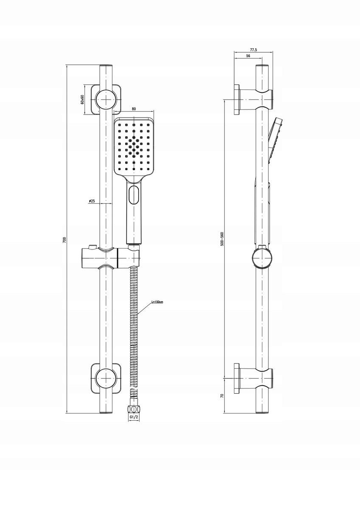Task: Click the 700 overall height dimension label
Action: click(x=64, y=240)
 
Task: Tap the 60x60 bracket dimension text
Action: click(x=82, y=99)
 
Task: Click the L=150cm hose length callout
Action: click(x=157, y=302)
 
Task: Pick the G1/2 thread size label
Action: click(x=134, y=417)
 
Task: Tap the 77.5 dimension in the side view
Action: click(x=253, y=50)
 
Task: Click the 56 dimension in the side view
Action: click(x=248, y=56)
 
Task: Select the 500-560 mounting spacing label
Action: click(x=222, y=238)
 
